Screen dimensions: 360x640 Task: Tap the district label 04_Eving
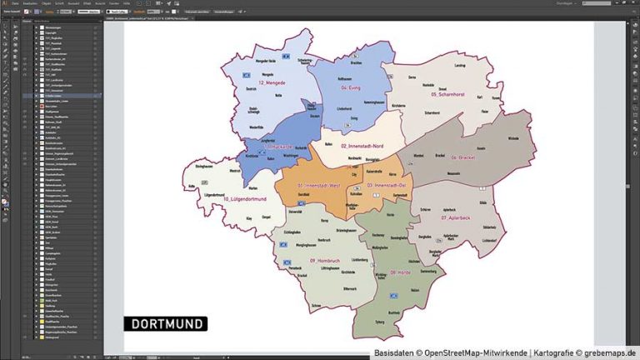[354, 87]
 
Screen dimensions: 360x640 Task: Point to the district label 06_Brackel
[464, 157]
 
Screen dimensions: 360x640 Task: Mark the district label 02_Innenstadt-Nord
[361, 146]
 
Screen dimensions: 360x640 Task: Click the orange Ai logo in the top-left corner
[5, 4]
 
